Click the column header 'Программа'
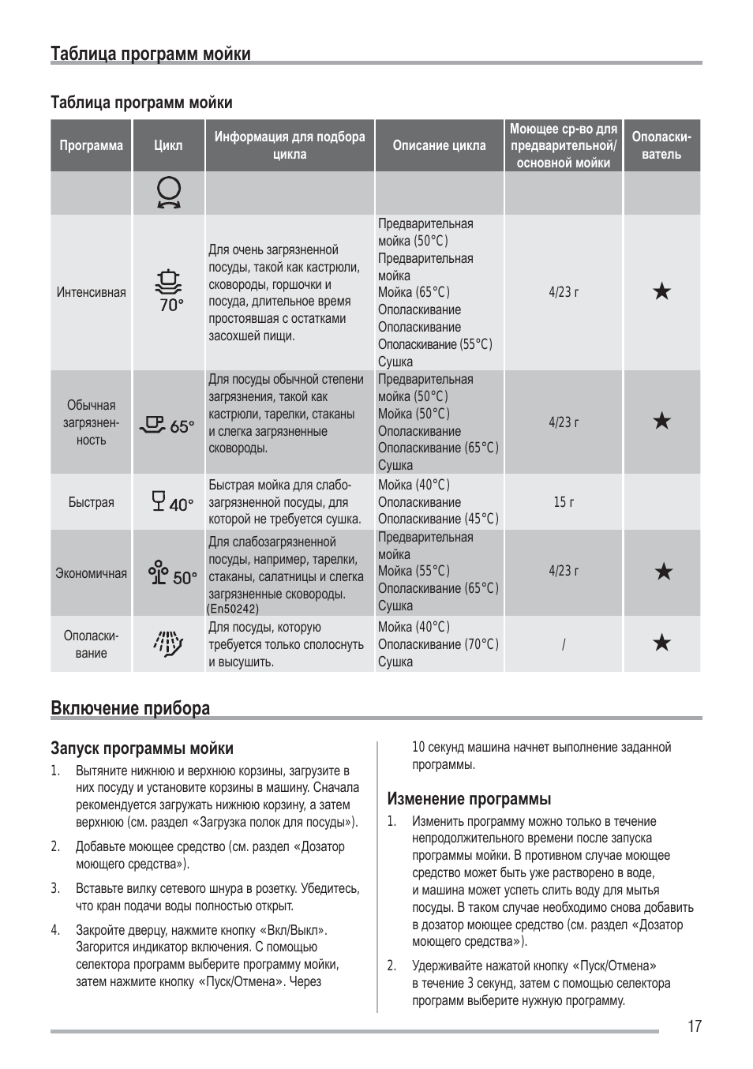pos(92,145)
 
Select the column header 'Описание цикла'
pos(439,145)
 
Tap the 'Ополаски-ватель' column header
pos(661,145)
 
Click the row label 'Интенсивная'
pos(92,292)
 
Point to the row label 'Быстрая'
pos(92,502)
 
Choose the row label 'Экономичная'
pos(92,573)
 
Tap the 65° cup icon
pos(167,426)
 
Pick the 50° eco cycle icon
pos(172,573)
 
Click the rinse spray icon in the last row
pos(168,643)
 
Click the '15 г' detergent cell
pos(564,502)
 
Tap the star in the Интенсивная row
pos(662,292)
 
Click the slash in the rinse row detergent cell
pos(564,644)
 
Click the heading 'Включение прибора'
pos(130,707)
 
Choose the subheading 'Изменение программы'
pos(469,798)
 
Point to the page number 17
pos(694,1026)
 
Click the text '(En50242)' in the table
pos(233,609)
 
